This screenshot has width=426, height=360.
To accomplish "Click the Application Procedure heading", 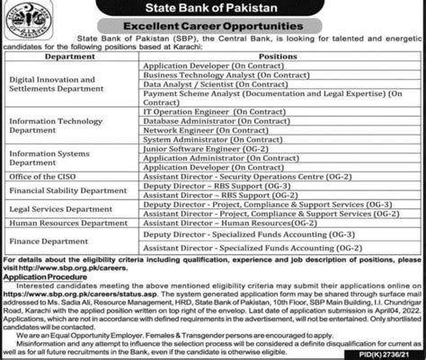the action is click(45, 303).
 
